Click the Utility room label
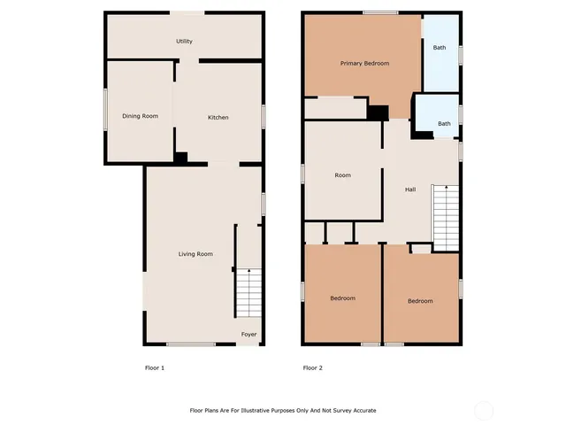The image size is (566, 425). [184, 42]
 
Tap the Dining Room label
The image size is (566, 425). [140, 116]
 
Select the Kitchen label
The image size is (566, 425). [218, 118]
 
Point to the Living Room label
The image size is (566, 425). [195, 254]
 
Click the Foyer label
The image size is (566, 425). [249, 335]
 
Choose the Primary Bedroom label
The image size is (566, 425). [365, 64]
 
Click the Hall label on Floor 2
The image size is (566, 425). [410, 189]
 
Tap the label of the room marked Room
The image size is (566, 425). [342, 175]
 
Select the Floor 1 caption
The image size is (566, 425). [155, 367]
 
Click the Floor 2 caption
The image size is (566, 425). [312, 367]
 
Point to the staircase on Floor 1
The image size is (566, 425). [249, 293]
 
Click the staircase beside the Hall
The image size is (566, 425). [446, 218]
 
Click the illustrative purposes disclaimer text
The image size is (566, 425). [283, 411]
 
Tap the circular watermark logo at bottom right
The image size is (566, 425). [482, 411]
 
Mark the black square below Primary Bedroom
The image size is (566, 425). [379, 113]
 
